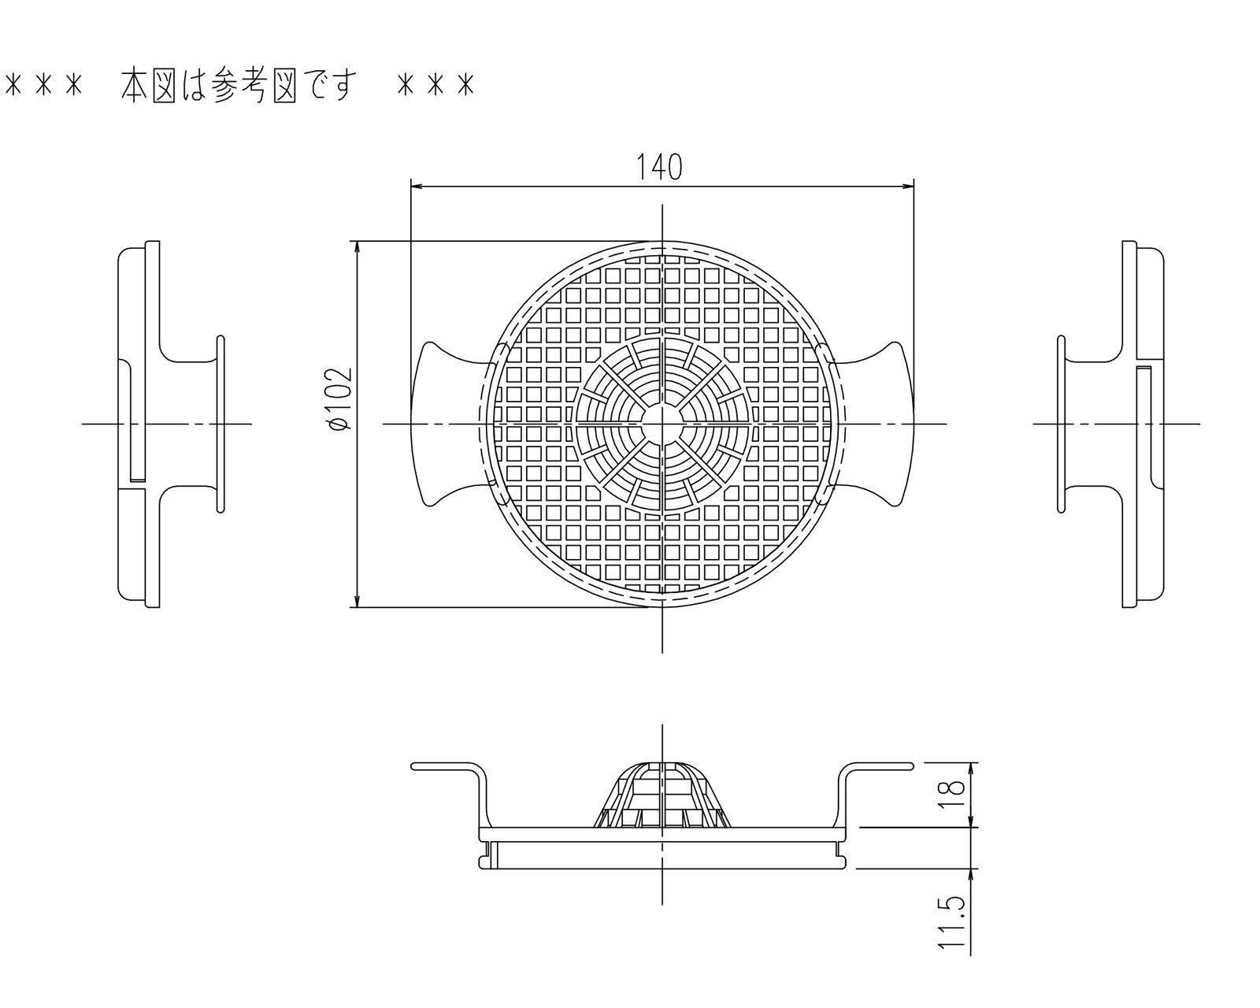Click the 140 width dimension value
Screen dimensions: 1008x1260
(659, 166)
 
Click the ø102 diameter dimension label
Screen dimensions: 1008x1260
(339, 398)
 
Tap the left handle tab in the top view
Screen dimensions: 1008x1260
(445, 424)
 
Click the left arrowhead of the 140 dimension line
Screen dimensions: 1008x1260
(418, 187)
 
